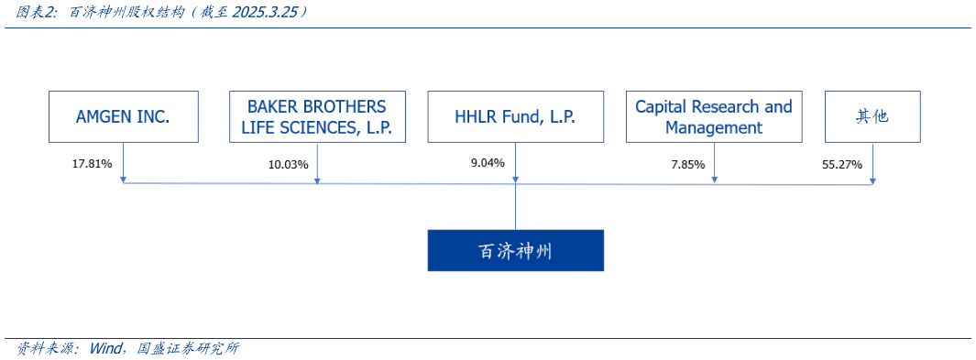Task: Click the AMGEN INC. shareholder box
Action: pos(123,116)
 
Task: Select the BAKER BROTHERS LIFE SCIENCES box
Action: pos(317,116)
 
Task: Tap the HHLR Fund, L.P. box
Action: pos(515,116)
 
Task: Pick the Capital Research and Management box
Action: pos(714,116)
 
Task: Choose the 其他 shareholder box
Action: pos(872,116)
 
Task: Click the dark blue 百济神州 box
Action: pos(515,250)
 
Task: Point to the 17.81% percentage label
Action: pos(92,164)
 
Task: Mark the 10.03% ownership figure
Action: pos(288,164)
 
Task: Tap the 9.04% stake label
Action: pos(488,164)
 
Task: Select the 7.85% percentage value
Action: pos(687,164)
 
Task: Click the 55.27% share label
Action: pos(842,164)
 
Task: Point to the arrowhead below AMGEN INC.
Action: pos(123,180)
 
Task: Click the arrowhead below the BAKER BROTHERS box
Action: pos(317,180)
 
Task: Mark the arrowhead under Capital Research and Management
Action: pos(714,180)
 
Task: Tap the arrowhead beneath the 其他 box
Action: pos(872,180)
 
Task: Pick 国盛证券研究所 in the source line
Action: pos(187,349)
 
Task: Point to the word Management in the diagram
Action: pos(714,127)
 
